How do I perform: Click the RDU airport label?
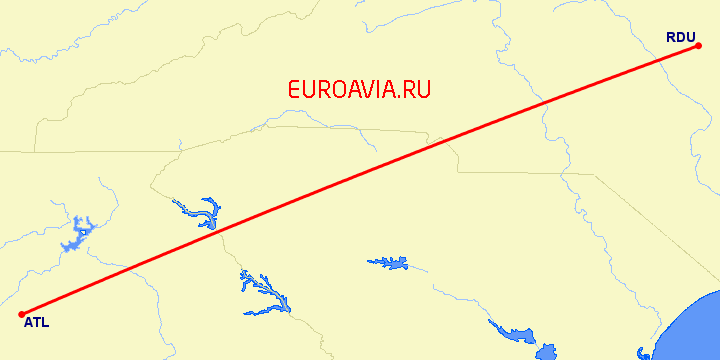pos(680,38)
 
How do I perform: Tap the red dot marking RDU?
pos(698,46)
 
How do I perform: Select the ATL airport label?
pos(35,322)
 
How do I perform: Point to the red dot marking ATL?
pos(21,314)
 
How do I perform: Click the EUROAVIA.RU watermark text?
pos(359,90)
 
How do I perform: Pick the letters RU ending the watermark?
pos(418,90)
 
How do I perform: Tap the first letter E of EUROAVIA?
pos(294,90)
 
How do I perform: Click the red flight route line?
pos(360,180)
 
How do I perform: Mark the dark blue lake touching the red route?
pos(207,214)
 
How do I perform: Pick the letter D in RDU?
pos(680,38)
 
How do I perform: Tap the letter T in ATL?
pos(36,322)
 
